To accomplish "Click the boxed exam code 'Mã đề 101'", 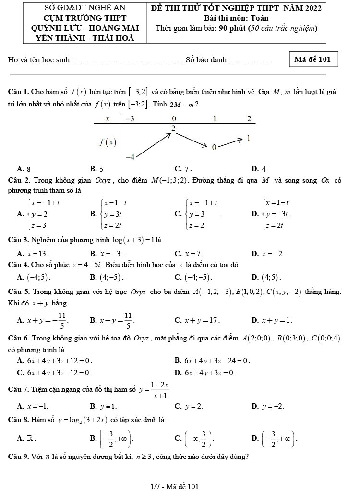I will click(x=314, y=59).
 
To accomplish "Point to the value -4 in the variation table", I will click(x=131, y=157).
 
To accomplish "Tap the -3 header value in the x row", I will click(x=130, y=118).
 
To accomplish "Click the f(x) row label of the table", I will click(x=107, y=141).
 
